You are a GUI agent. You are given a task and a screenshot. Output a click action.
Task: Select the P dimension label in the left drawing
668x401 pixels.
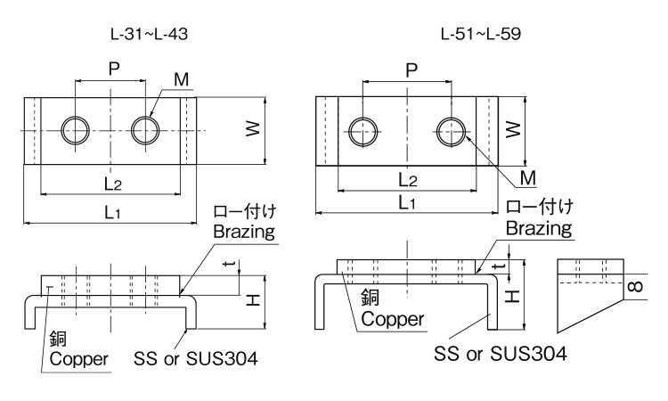(112, 69)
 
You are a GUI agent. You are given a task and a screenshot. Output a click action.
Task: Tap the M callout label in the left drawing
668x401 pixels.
(182, 80)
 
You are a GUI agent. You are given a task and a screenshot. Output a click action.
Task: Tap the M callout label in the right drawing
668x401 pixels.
(527, 177)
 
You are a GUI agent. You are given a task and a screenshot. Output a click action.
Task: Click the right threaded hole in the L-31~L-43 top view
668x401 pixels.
(144, 131)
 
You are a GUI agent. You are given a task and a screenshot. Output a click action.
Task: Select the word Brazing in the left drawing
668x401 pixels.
(244, 230)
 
